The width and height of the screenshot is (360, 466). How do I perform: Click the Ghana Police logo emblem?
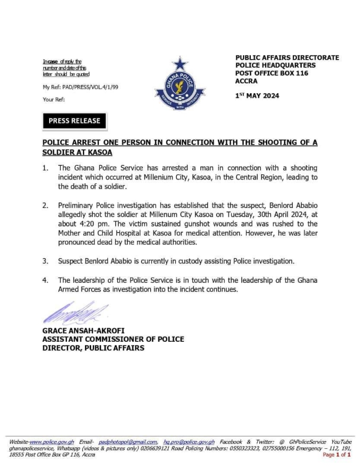[180, 85]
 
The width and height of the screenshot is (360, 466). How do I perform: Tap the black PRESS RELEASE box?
[74, 121]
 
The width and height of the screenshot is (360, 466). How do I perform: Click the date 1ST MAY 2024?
[257, 96]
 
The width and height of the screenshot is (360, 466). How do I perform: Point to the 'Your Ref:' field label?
[54, 99]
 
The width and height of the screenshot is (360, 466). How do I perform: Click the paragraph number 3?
[45, 261]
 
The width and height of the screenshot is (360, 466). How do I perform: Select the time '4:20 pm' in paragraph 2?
[92, 224]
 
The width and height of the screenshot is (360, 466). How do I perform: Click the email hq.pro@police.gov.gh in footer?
[189, 442]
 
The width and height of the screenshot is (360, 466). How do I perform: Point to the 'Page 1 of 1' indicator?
[336, 455]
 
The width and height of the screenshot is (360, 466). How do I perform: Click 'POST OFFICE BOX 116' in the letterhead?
[271, 73]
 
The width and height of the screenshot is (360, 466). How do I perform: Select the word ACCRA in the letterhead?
[246, 81]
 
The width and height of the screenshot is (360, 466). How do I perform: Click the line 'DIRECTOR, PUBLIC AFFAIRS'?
[93, 348]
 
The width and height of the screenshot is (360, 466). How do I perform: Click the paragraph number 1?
[45, 168]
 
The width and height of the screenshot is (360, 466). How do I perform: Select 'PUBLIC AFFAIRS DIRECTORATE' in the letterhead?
[287, 58]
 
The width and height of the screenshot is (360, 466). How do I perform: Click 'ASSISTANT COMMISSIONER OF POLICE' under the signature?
[113, 339]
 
